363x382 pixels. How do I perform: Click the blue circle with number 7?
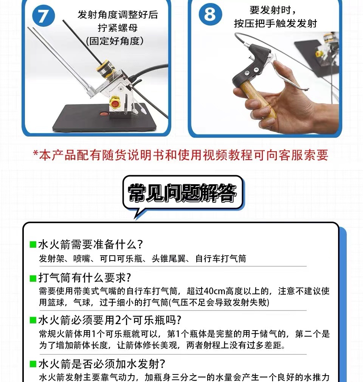43,16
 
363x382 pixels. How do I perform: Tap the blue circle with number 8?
210,14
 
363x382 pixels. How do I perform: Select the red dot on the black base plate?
104,113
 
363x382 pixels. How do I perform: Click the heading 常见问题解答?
182,193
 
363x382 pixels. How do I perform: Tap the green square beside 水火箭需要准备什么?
33,244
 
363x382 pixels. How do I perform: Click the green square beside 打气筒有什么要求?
33,278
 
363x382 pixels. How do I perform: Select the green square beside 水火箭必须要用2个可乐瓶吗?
33,320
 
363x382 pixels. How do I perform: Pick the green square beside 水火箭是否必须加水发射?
33,364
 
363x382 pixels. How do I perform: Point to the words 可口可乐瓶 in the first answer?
121,258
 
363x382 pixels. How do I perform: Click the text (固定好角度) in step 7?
115,41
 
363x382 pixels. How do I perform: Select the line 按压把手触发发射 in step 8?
275,23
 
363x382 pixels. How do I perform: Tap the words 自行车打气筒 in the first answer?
221,258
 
